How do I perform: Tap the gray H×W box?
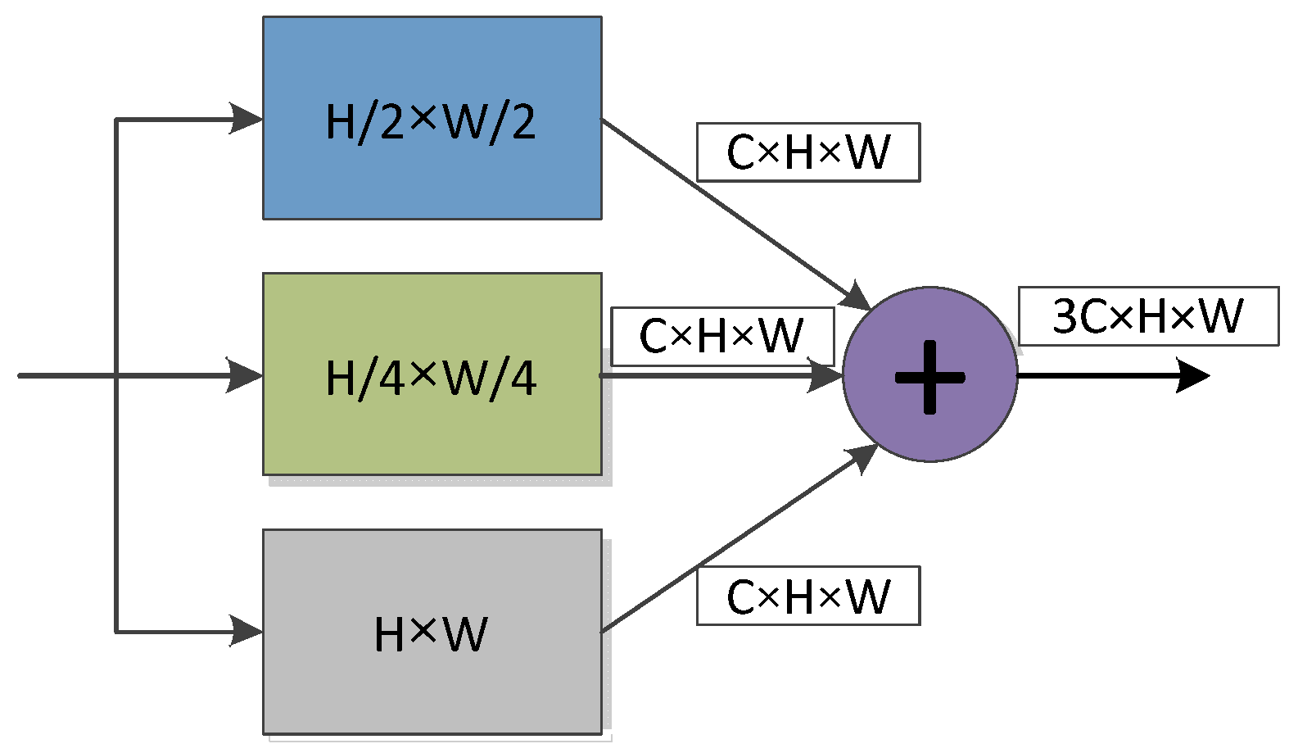432,688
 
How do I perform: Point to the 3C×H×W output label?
1148,316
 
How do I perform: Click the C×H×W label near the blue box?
808,152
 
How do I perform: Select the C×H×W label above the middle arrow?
722,336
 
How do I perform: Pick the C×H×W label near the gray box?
808,596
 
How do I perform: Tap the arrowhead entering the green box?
244,375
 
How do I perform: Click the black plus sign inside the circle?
929,378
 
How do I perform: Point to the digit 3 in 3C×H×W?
1065,316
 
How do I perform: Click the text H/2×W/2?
431,122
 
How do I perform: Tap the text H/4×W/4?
431,378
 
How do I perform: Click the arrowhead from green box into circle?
824,375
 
